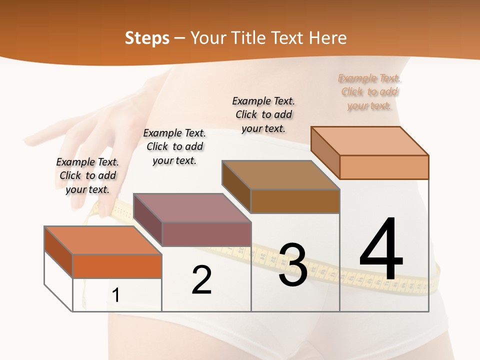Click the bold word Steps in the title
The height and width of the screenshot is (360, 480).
click(147, 38)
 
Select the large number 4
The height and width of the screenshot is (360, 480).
click(381, 249)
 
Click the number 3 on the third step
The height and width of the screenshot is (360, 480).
click(293, 265)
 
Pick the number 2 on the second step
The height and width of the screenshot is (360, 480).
click(202, 279)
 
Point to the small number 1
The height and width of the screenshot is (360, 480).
click(115, 295)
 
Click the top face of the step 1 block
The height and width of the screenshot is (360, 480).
click(102, 240)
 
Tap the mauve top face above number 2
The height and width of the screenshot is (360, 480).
click(191, 207)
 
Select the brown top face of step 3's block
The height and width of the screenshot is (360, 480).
click(280, 175)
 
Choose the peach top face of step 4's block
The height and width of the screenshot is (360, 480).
click(369, 140)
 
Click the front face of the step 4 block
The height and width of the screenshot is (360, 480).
click(384, 167)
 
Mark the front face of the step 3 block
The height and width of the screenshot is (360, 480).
click(295, 201)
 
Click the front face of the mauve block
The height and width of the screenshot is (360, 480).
click(206, 234)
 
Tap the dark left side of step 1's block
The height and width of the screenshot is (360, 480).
click(58, 252)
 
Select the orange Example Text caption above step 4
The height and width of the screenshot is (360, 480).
click(369, 92)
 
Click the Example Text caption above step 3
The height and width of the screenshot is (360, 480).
click(263, 114)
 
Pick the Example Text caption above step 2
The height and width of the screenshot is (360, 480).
click(174, 146)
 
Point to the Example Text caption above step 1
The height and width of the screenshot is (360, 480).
click(87, 175)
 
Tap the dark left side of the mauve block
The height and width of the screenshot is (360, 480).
click(147, 220)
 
